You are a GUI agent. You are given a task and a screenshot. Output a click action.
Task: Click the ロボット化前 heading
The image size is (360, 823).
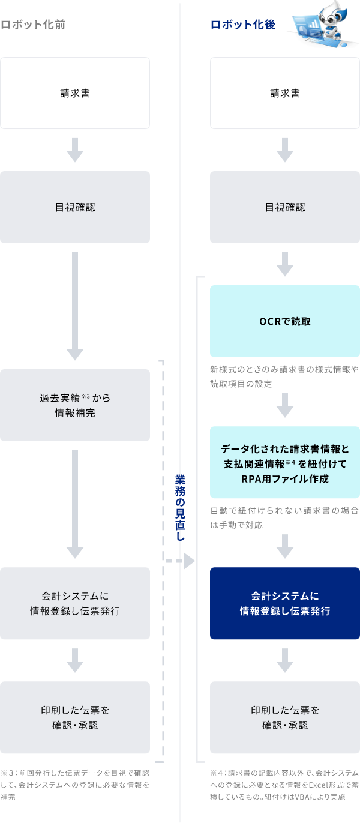click(x=33, y=25)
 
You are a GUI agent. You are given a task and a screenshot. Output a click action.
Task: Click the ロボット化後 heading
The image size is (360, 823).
click(x=242, y=25)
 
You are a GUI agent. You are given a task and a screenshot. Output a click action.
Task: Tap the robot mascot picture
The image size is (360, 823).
click(x=322, y=24)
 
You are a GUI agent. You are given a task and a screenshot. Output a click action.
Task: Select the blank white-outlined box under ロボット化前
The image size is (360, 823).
click(x=75, y=93)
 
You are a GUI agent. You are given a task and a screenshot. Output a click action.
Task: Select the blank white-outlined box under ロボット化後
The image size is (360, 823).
click(x=285, y=93)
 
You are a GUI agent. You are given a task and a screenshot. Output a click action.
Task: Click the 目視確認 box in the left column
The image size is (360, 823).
click(x=75, y=207)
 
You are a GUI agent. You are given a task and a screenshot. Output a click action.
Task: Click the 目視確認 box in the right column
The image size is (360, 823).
click(x=285, y=207)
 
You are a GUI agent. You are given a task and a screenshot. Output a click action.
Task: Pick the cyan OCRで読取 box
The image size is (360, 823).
click(x=285, y=321)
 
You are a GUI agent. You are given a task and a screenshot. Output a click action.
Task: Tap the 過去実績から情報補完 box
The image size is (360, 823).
click(x=75, y=405)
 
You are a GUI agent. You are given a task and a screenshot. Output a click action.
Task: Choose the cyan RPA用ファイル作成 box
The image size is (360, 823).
click(x=285, y=463)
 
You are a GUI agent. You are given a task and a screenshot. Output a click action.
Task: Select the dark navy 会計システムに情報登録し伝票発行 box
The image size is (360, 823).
click(x=285, y=603)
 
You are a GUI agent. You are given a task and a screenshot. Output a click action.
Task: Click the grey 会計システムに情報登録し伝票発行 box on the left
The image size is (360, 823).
click(x=75, y=603)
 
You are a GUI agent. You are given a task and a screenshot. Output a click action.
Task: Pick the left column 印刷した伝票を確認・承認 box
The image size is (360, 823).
click(x=75, y=717)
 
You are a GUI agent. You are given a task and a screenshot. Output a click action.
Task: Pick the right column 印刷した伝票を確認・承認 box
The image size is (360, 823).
click(x=285, y=717)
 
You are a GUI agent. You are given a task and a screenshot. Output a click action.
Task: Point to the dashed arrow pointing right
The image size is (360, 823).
click(x=181, y=561)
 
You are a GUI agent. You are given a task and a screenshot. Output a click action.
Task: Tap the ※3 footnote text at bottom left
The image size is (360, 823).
click(x=75, y=785)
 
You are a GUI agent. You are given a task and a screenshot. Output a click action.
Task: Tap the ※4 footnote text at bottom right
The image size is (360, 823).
click(x=284, y=785)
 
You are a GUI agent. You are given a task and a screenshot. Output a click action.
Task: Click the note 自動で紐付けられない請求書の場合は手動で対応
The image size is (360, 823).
click(x=284, y=517)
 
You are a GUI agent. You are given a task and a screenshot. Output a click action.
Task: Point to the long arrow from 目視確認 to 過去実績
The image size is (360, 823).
click(x=75, y=306)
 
